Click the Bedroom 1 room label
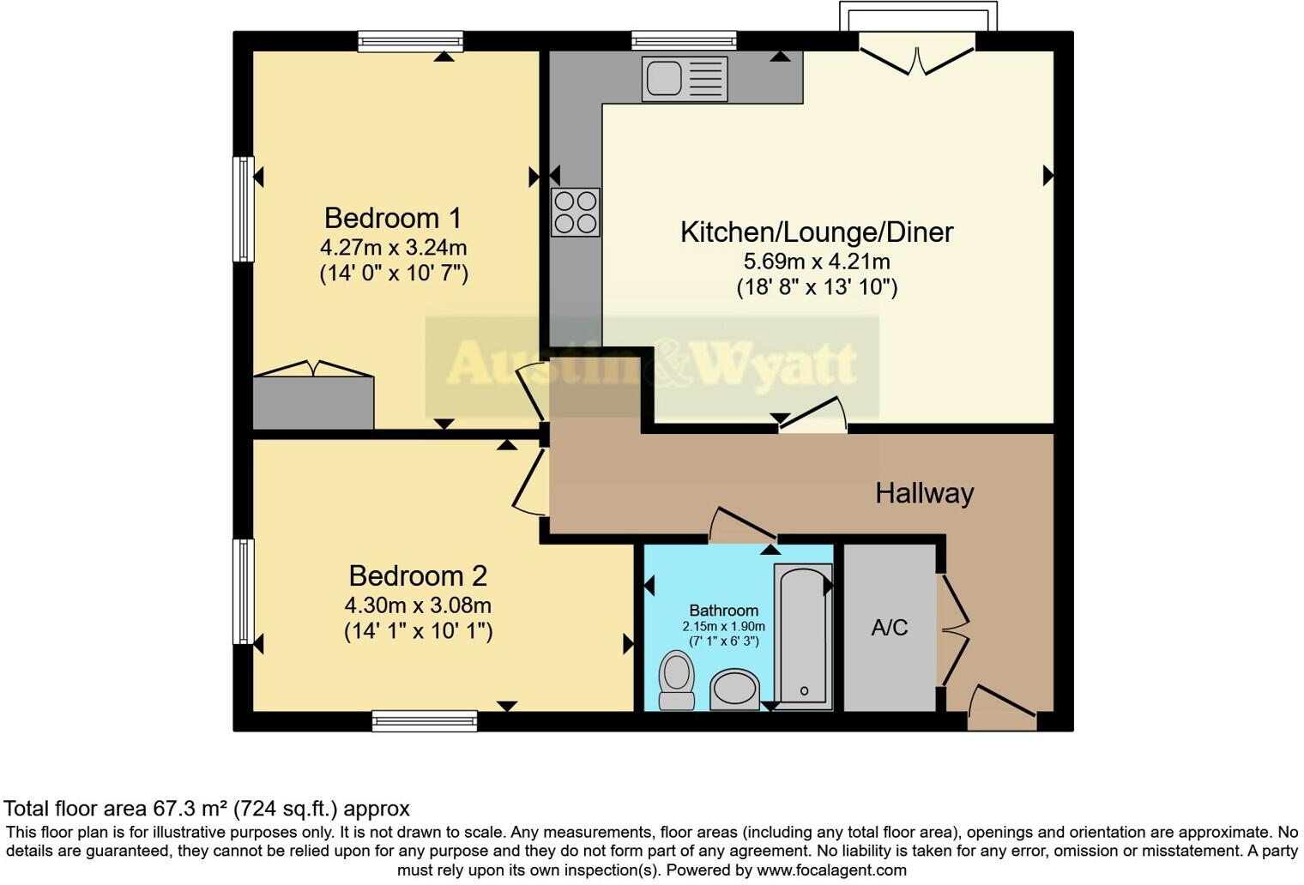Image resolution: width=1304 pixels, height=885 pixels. click(x=393, y=218)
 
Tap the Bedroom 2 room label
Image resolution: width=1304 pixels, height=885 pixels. click(x=418, y=575)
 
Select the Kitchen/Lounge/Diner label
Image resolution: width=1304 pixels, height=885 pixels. click(x=816, y=232)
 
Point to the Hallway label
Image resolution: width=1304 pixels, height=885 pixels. click(x=924, y=493)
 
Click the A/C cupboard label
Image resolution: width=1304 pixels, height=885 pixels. click(x=889, y=628)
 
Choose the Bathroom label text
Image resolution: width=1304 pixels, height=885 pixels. click(x=723, y=611)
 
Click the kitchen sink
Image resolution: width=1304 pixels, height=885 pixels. click(x=684, y=79)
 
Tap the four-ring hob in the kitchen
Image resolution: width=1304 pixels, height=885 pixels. click(x=575, y=212)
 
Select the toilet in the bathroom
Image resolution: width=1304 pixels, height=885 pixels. click(x=677, y=679)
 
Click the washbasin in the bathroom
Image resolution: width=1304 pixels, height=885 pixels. click(x=735, y=689)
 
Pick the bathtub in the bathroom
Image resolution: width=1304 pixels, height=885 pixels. click(x=803, y=635)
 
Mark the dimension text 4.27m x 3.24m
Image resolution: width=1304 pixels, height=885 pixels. click(x=393, y=248)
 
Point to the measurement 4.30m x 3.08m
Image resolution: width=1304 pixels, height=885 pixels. click(x=418, y=605)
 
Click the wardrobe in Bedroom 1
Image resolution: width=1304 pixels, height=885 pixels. click(x=313, y=401)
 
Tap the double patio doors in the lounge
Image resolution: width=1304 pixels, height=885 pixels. click(x=917, y=58)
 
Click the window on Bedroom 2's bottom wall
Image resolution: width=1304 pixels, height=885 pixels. click(x=425, y=721)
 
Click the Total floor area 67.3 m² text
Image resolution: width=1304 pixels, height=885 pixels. click(x=207, y=809)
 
